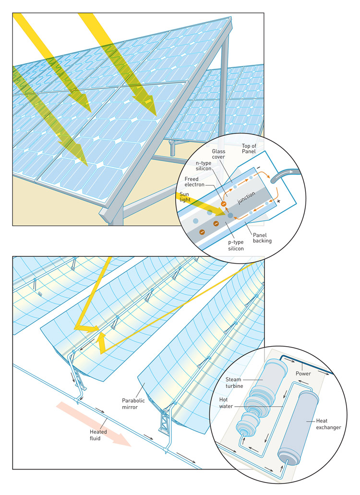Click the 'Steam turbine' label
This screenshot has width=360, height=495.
click(x=236, y=384)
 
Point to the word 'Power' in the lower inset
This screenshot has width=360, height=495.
click(x=304, y=373)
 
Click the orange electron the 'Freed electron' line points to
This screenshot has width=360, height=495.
click(x=223, y=204)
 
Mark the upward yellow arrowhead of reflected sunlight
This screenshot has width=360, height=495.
click(x=102, y=341)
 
